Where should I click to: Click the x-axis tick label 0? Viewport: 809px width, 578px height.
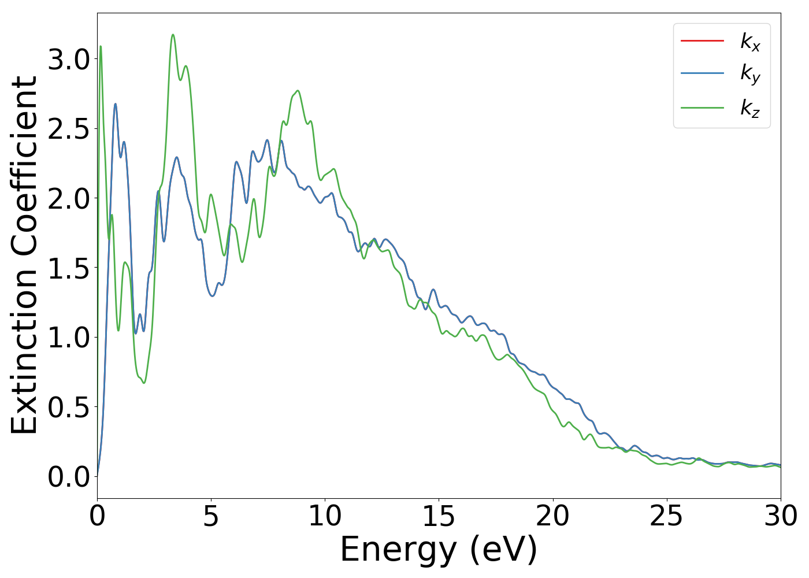tap(97, 516)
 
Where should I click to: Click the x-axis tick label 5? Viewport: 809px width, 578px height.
tap(211, 516)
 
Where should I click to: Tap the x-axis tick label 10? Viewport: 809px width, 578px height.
tap(325, 516)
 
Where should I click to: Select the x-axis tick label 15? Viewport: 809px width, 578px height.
tap(439, 516)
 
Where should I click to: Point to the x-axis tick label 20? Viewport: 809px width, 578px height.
tap(552, 516)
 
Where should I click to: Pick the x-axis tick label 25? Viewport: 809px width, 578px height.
tap(666, 516)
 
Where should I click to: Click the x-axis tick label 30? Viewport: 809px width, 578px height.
tap(780, 516)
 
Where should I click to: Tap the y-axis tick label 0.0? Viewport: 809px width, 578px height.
tap(69, 477)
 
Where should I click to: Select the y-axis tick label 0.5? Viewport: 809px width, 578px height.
tap(69, 408)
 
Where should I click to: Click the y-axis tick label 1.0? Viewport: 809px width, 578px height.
tap(69, 338)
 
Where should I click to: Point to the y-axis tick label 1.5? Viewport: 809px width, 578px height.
tap(69, 269)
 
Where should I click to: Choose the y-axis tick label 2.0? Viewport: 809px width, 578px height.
tap(69, 199)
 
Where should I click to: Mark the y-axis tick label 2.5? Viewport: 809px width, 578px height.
tap(69, 129)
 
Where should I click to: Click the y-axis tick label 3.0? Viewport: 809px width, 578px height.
tap(69, 60)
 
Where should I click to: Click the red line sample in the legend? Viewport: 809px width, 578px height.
tap(702, 41)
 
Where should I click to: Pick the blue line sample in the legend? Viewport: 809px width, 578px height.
tap(702, 73)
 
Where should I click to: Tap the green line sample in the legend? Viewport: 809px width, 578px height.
tap(702, 108)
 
